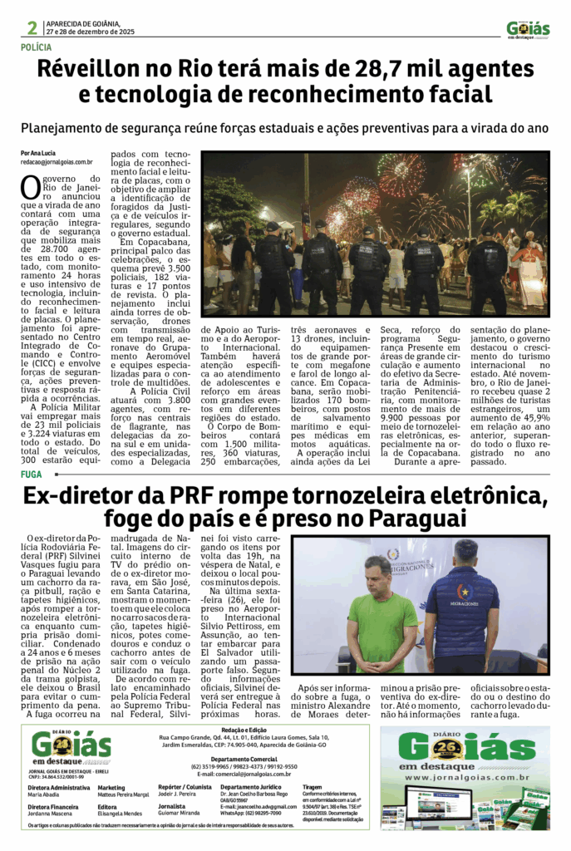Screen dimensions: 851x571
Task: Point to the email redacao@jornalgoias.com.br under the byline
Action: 57,163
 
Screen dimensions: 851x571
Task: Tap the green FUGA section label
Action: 31,474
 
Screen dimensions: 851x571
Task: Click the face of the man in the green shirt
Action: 377,573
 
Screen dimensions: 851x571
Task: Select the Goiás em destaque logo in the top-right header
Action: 528,30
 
